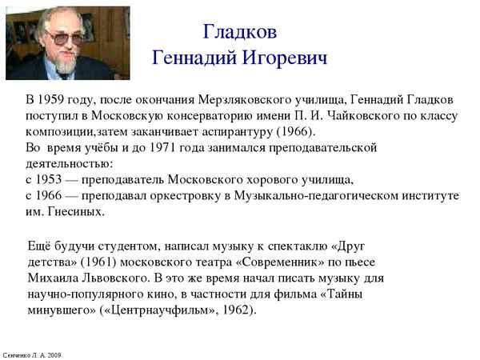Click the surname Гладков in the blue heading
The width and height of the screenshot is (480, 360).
(x=239, y=32)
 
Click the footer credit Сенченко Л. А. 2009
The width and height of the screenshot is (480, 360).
(x=32, y=354)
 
